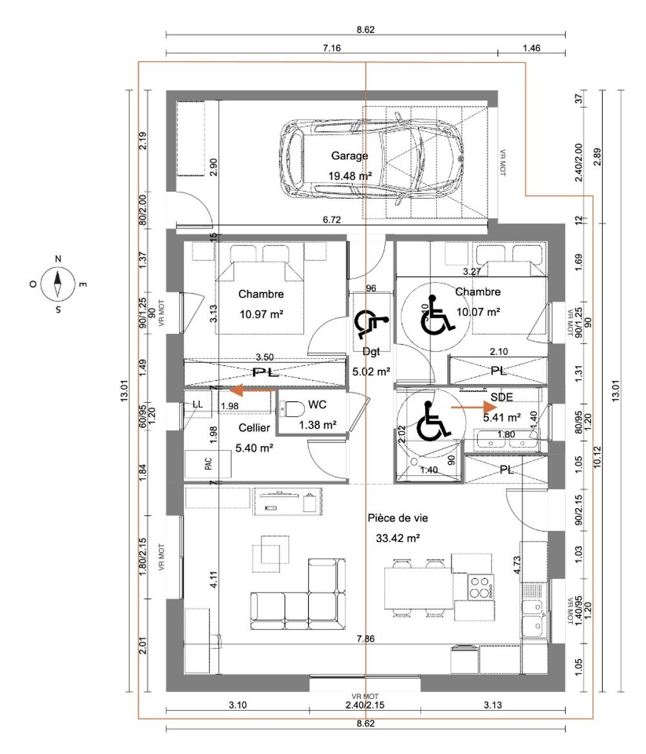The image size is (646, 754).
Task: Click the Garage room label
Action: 349,156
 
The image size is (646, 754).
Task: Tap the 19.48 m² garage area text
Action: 350,176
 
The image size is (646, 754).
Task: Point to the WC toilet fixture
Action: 292,409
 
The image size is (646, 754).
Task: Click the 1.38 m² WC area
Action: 317,425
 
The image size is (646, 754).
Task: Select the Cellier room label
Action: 254,428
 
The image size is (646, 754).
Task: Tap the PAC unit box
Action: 208,464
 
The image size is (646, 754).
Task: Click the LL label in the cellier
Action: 198,404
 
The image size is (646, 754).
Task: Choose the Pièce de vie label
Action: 397,518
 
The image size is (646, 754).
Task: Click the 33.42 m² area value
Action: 397,538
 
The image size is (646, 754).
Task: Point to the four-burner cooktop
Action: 481,587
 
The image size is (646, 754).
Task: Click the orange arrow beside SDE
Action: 474,407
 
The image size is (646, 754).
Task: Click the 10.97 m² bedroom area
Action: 262,314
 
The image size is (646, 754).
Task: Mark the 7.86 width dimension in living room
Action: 366,638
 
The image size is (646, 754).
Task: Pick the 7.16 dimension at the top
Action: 331,48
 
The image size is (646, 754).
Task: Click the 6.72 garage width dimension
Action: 331,219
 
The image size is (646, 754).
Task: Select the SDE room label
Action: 501,397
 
